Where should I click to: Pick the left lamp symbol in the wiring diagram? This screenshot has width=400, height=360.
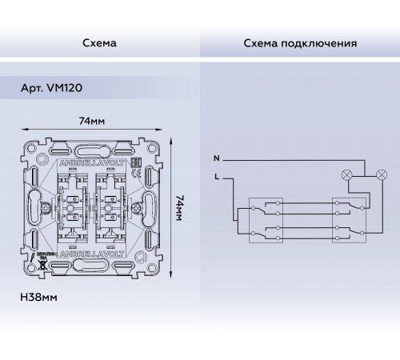pos(346,173)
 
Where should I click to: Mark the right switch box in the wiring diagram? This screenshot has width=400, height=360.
pos(347,218)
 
